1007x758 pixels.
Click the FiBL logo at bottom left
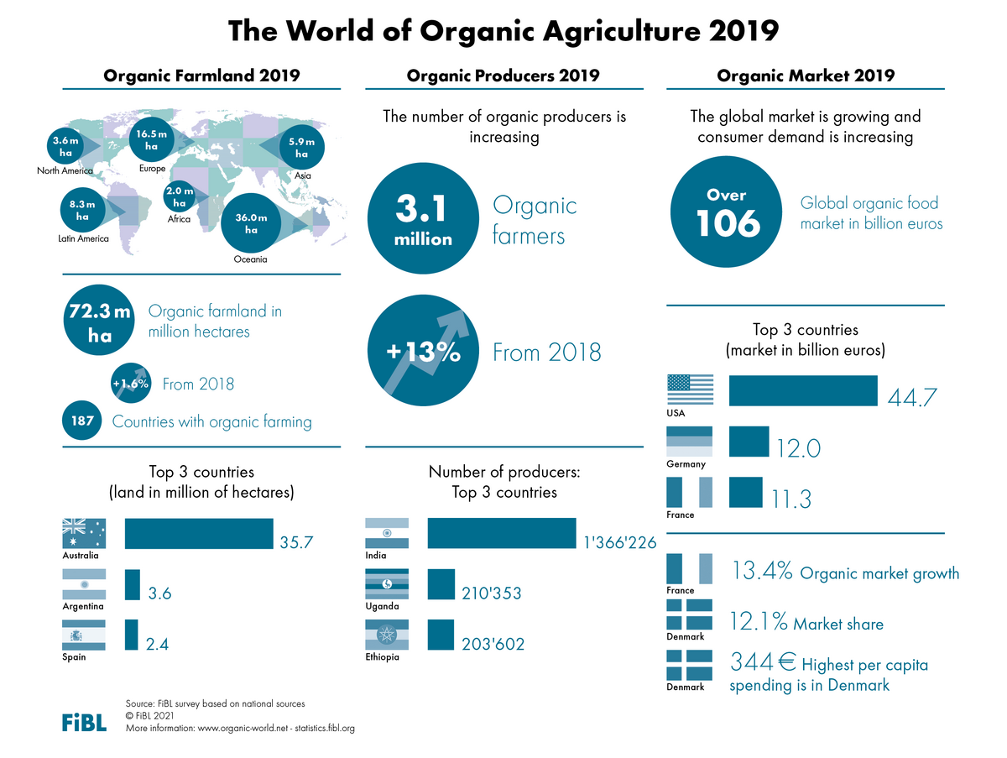tap(84, 722)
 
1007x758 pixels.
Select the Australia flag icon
tap(84, 533)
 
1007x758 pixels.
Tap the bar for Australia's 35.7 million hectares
tap(199, 534)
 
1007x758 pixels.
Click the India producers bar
tap(501, 534)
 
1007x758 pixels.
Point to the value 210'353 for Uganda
tap(492, 593)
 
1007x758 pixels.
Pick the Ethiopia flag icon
tap(387, 635)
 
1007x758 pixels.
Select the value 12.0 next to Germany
tap(797, 448)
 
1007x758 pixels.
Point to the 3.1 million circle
tap(423, 218)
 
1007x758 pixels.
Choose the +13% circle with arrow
tap(423, 353)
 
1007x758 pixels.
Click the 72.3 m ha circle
tap(99, 323)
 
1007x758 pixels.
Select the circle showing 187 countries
tap(82, 421)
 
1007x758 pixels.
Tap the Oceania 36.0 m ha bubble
tap(251, 222)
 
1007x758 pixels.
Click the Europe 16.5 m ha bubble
tap(152, 140)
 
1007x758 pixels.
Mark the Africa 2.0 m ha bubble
tap(179, 197)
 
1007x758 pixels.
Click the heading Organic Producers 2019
tap(503, 76)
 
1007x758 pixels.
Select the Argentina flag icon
tap(84, 584)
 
